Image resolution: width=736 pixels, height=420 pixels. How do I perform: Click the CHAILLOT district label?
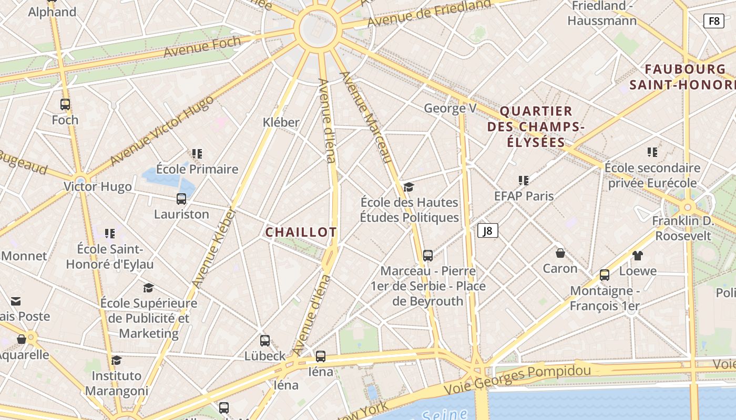tap(301, 232)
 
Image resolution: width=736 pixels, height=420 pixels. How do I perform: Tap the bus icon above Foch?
tap(65, 104)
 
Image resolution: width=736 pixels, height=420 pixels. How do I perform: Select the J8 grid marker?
tap(487, 230)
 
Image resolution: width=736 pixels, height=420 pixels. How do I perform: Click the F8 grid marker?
tap(713, 21)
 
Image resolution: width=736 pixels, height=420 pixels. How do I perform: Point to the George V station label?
tap(450, 108)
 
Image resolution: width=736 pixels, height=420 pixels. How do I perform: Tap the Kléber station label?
tap(281, 122)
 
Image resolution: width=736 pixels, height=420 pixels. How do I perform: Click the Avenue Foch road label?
tap(202, 47)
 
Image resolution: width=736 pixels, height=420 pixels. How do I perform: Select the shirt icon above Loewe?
tap(638, 256)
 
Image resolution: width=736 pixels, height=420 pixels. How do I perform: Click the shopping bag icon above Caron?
tap(560, 253)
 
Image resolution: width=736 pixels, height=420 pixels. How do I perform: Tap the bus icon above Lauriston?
tap(181, 199)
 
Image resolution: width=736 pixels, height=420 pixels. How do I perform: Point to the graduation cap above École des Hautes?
tap(408, 187)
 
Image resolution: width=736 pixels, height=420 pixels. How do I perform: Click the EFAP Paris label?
tap(524, 196)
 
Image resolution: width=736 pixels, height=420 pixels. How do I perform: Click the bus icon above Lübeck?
tap(265, 340)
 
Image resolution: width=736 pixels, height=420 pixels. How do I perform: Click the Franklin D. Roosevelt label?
tap(683, 228)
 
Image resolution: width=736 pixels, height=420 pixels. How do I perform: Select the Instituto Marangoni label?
tap(116, 383)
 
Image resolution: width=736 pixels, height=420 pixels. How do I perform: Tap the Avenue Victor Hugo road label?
tap(162, 129)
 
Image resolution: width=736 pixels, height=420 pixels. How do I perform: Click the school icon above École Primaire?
tap(197, 154)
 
